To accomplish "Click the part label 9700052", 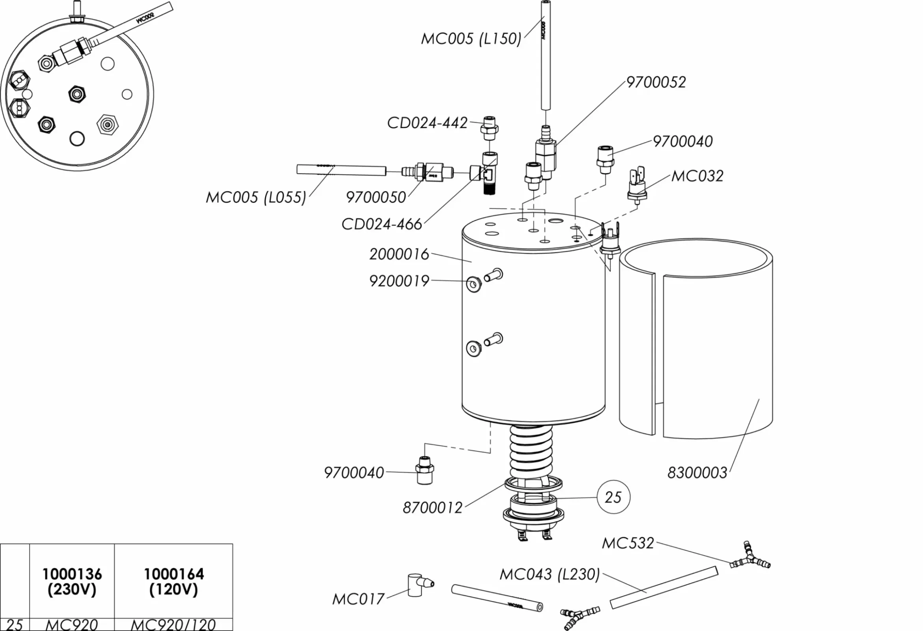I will [656, 82].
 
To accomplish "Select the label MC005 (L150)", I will [471, 39].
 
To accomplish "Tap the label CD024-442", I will [427, 123].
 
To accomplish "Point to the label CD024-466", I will [382, 224].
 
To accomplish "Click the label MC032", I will [697, 176].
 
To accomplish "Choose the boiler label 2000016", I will [399, 254].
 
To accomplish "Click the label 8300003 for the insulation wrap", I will [697, 473].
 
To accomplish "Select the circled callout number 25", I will [613, 497].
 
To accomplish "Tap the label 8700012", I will [433, 508].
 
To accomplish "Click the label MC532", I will [628, 543].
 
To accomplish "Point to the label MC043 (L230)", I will [549, 574].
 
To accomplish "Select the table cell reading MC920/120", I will [173, 625].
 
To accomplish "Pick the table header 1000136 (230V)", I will [72, 582].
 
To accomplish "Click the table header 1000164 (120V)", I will [173, 582].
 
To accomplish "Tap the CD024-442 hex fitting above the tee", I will [489, 128].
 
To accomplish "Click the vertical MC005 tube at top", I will [546, 56].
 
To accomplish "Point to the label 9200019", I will [399, 281].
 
